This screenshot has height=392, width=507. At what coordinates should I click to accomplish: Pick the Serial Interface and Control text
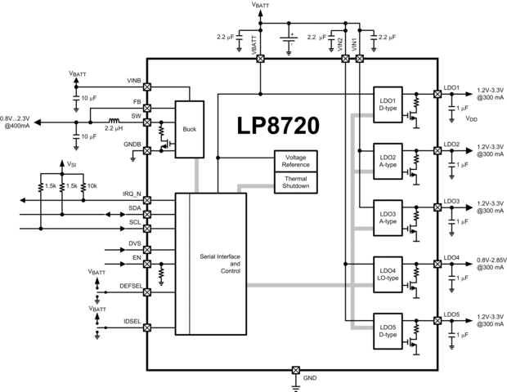pos(220,264)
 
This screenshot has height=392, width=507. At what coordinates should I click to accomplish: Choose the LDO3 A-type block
pos(388,216)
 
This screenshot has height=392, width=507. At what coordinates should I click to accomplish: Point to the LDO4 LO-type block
pos(388,273)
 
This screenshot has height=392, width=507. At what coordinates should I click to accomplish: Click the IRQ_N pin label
pos(131,193)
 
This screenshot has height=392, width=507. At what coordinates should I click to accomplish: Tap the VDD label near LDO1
pos(472,118)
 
